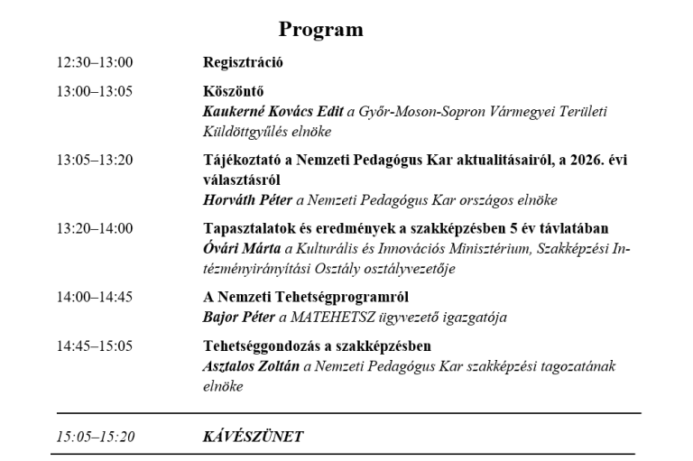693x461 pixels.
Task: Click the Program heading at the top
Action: click(320, 30)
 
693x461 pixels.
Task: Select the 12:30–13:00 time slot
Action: click(95, 63)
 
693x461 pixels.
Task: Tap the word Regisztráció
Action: click(243, 63)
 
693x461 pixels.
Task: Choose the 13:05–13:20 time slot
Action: click(95, 161)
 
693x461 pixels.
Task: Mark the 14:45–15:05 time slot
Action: click(95, 346)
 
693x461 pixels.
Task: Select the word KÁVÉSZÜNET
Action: click(253, 436)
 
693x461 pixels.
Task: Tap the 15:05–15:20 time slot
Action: click(95, 436)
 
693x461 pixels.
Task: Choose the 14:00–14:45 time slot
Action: click(95, 297)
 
